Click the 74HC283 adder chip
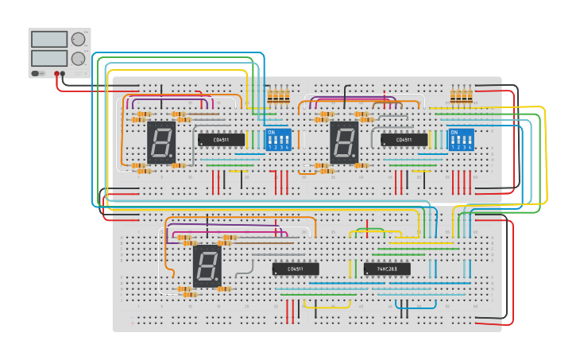coord(387,269)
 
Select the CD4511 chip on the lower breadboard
coord(296,269)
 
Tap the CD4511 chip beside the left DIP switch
coord(221,140)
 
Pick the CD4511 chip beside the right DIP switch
coord(404,140)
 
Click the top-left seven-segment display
coord(161,142)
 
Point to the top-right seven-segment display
coord(344,142)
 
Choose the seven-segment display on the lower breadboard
coord(207,265)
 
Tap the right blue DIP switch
coord(461,139)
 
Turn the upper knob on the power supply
coord(78,39)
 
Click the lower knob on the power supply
coord(78,59)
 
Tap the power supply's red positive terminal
coord(63,74)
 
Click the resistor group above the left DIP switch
coord(278,97)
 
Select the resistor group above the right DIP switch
coord(461,96)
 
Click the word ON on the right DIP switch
coord(454,132)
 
